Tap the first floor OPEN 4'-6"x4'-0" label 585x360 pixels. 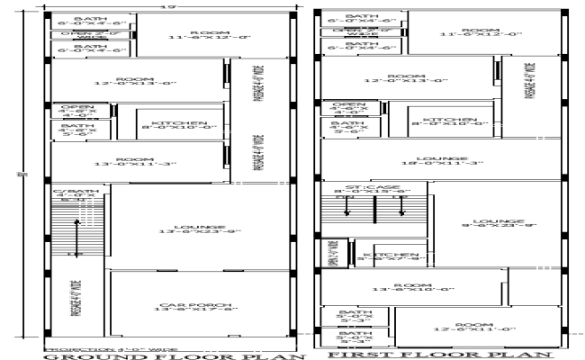[347, 110]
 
